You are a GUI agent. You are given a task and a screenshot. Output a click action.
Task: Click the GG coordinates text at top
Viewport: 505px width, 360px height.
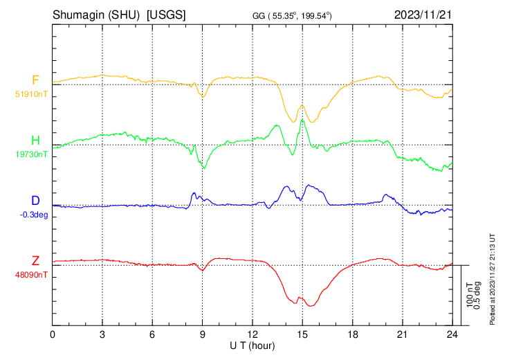point(293,15)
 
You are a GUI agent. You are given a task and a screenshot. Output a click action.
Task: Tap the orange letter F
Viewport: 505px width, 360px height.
point(35,80)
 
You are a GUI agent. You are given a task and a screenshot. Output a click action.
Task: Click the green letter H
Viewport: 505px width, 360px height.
point(35,141)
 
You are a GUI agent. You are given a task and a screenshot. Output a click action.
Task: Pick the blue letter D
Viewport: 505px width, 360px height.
point(35,201)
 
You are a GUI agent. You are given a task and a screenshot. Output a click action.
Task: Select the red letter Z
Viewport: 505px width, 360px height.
point(35,261)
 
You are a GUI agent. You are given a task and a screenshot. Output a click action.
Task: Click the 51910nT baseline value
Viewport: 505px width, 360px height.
point(31,93)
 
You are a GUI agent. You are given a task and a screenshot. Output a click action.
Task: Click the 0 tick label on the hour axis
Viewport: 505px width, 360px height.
point(53,334)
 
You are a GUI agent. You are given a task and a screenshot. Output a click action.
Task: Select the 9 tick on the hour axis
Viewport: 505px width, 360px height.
point(203,334)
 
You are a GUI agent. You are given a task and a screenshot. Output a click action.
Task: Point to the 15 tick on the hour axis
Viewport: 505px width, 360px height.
point(302,334)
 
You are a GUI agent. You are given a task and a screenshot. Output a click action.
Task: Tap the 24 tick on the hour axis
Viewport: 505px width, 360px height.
point(452,334)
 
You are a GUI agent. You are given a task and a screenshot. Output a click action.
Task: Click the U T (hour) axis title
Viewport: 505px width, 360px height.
point(252,345)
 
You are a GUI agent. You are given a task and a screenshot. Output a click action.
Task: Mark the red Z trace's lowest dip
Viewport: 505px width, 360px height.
point(311,306)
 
